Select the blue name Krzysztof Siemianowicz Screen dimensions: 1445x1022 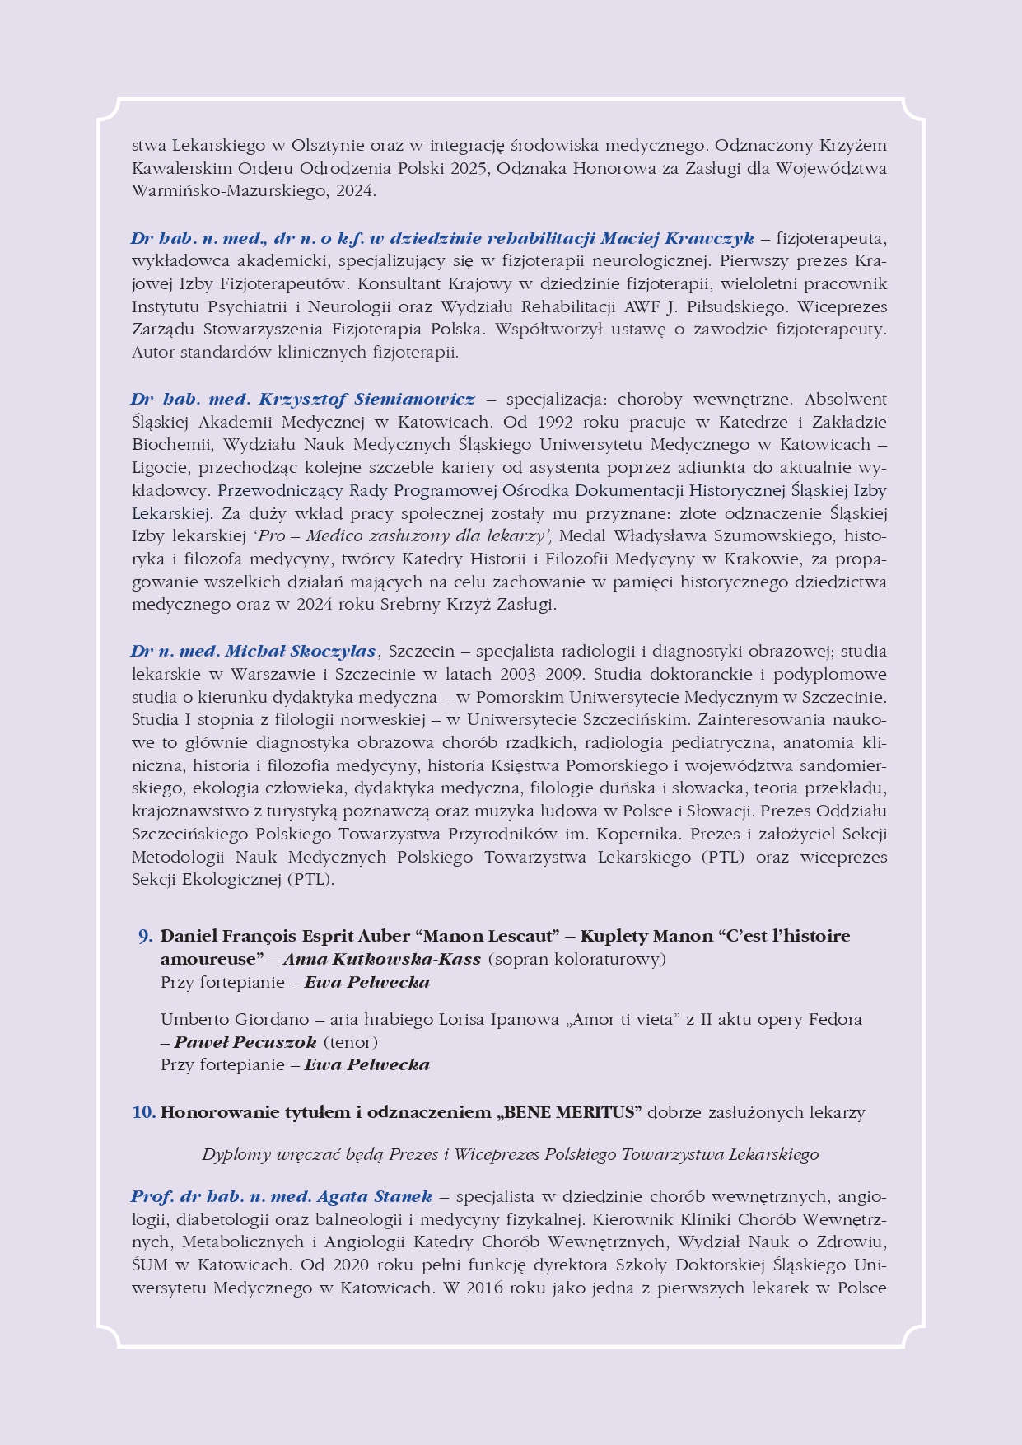tap(366, 400)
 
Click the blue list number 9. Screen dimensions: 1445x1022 tap(145, 937)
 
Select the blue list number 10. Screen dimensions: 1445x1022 tap(144, 1113)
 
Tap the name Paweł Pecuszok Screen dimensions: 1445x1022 tap(245, 1043)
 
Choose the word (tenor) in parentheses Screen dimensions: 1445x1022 tap(351, 1043)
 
